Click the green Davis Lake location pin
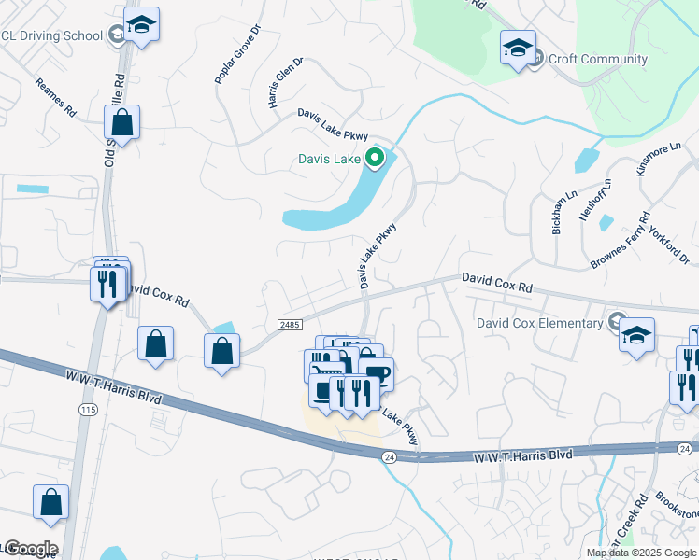[x=376, y=159]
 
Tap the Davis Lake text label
[x=329, y=160]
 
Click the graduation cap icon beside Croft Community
[x=518, y=49]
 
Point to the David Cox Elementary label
[x=540, y=324]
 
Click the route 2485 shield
[x=290, y=323]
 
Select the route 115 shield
[x=88, y=410]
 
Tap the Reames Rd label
[x=56, y=98]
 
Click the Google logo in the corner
[x=30, y=549]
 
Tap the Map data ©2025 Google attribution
[x=642, y=553]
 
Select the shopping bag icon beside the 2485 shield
[x=221, y=352]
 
